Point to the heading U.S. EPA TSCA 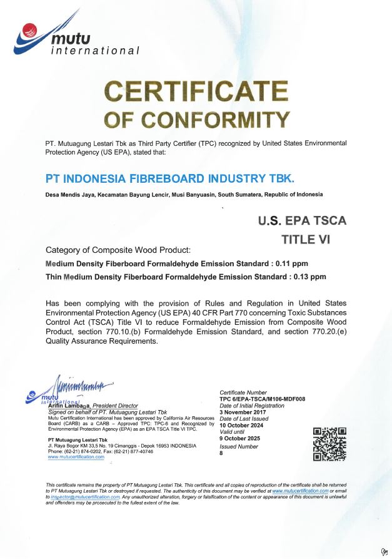(x=302, y=220)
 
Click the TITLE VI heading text (x=313, y=239)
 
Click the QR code (x=329, y=443)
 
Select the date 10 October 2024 (x=241, y=425)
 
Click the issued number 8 (x=221, y=453)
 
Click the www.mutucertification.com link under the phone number (x=76, y=457)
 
